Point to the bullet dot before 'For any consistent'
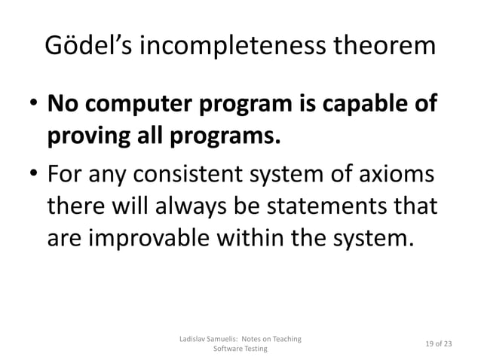click(x=34, y=178)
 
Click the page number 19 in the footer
click(x=430, y=345)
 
